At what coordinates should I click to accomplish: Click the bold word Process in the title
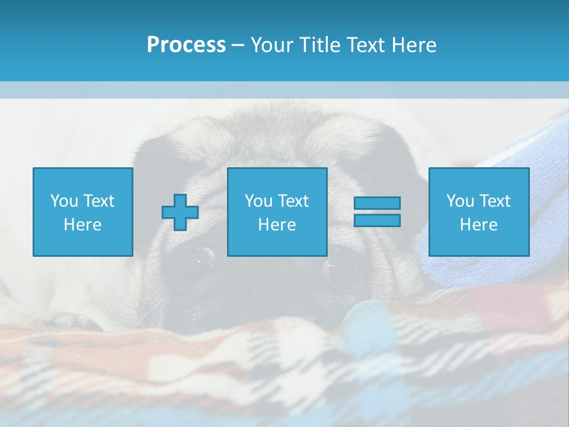coord(186,45)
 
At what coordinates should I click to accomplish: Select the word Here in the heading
coord(413,45)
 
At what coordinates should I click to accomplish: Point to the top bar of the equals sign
coord(377,203)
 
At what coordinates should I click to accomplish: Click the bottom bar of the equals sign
coord(377,220)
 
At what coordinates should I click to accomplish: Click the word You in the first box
coord(64,201)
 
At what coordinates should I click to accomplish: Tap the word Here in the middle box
coord(277,225)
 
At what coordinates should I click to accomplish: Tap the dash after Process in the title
coord(238,45)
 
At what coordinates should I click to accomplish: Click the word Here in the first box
coord(83,225)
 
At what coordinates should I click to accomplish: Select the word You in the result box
coord(460,201)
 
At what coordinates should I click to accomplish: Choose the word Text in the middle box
coord(293,201)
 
